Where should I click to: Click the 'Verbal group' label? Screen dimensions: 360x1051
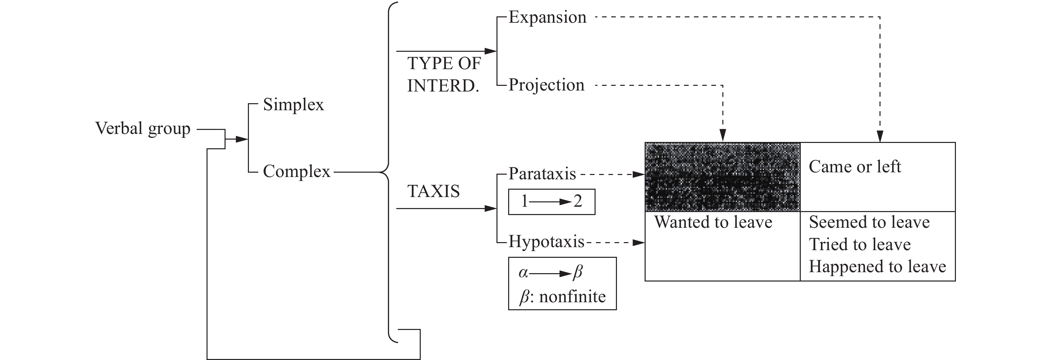click(142, 129)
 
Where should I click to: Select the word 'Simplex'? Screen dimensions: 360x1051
click(293, 105)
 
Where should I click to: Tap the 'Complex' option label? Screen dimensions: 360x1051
click(296, 171)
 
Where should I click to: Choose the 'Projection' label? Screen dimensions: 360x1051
click(546, 85)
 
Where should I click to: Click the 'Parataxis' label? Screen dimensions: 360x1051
click(542, 174)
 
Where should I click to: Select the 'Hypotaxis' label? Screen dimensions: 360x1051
click(546, 242)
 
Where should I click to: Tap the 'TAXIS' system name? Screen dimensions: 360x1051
click(433, 191)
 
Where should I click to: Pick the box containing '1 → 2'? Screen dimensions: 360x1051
click(551, 202)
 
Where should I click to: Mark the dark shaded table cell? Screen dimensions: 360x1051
click(722, 177)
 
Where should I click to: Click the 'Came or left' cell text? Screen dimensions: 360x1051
click(855, 167)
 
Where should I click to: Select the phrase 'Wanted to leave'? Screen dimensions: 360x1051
click(713, 222)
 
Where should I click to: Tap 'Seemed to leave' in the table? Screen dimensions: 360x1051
click(869, 222)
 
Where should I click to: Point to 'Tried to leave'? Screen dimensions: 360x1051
click(859, 245)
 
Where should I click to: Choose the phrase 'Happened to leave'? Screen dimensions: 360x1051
click(877, 267)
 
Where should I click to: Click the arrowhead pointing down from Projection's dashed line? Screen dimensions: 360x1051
click(723, 135)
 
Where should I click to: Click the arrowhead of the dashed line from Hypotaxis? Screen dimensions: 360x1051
click(639, 243)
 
